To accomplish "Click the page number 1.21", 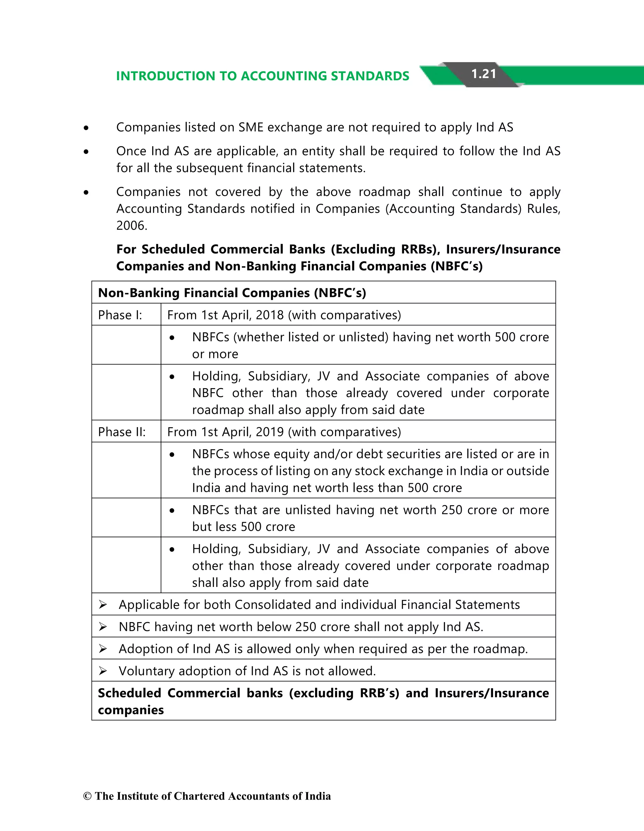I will [484, 74].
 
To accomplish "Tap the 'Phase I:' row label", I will [120, 315].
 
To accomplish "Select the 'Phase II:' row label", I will [122, 432].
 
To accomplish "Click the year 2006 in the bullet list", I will [130, 226].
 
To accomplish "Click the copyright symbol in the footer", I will [87, 796].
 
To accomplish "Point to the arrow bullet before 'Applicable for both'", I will [103, 605].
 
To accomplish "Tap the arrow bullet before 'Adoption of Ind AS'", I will [103, 649].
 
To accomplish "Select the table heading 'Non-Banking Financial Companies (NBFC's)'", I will [232, 293].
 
